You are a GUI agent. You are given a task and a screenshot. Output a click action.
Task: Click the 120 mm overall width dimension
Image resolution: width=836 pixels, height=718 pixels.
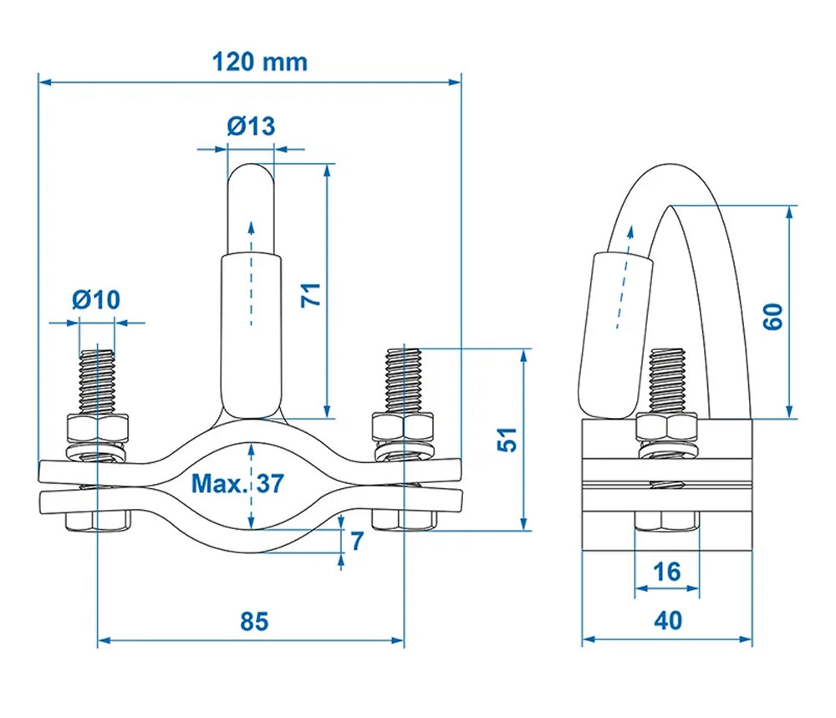pyautogui.click(x=259, y=62)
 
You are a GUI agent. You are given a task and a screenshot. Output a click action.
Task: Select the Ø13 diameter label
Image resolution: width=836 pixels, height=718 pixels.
pyautogui.click(x=250, y=126)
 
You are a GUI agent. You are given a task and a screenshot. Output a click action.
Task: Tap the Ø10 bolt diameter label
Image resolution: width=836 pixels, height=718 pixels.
pyautogui.click(x=96, y=298)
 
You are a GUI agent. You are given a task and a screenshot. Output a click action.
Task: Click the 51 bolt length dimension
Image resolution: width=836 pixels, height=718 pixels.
pyautogui.click(x=507, y=440)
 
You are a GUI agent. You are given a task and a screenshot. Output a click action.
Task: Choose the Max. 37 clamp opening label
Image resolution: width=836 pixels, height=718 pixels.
pyautogui.click(x=237, y=483)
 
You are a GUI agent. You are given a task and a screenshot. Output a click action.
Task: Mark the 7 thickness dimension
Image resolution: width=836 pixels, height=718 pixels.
pyautogui.click(x=356, y=541)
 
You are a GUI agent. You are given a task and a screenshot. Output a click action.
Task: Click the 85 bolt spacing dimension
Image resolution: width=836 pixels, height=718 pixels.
pyautogui.click(x=253, y=622)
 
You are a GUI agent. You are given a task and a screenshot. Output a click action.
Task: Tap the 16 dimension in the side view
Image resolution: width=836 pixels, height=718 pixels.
pyautogui.click(x=666, y=572)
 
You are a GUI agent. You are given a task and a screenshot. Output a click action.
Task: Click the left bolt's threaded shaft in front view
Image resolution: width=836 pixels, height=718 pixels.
pyautogui.click(x=97, y=379)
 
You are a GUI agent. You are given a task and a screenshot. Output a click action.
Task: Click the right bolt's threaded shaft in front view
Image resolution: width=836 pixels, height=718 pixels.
pyautogui.click(x=403, y=379)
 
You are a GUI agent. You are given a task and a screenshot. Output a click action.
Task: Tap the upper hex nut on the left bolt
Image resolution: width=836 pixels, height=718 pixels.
pyautogui.click(x=98, y=429)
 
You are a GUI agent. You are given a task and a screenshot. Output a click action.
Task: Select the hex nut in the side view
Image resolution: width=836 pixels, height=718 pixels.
pyautogui.click(x=666, y=428)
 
